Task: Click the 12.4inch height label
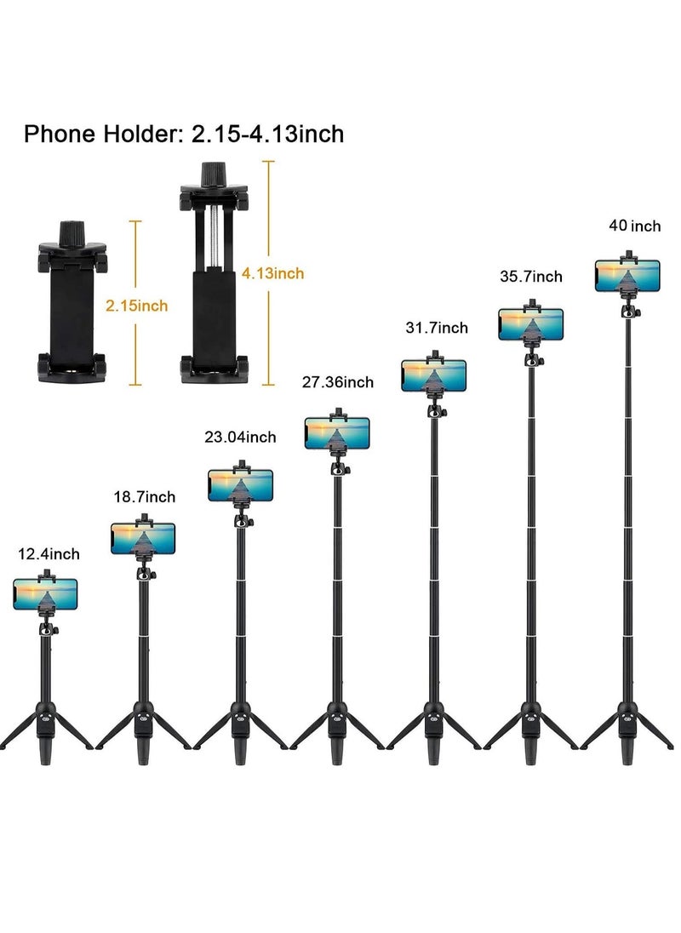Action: (49, 554)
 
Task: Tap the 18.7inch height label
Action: (145, 497)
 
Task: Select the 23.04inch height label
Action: (240, 438)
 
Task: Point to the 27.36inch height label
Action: (338, 382)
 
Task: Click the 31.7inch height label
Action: (437, 328)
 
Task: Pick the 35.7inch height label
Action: (531, 277)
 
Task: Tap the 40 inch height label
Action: (635, 226)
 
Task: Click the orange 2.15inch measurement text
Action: (137, 306)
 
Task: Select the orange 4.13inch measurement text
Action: (273, 273)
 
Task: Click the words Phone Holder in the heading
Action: (101, 134)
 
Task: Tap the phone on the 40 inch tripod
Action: (627, 276)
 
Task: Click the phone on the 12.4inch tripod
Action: (45, 594)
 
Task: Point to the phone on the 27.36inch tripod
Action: (337, 433)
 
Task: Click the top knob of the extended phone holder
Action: (211, 175)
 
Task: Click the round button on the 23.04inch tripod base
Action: (240, 718)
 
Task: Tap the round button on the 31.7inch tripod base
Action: (434, 718)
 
